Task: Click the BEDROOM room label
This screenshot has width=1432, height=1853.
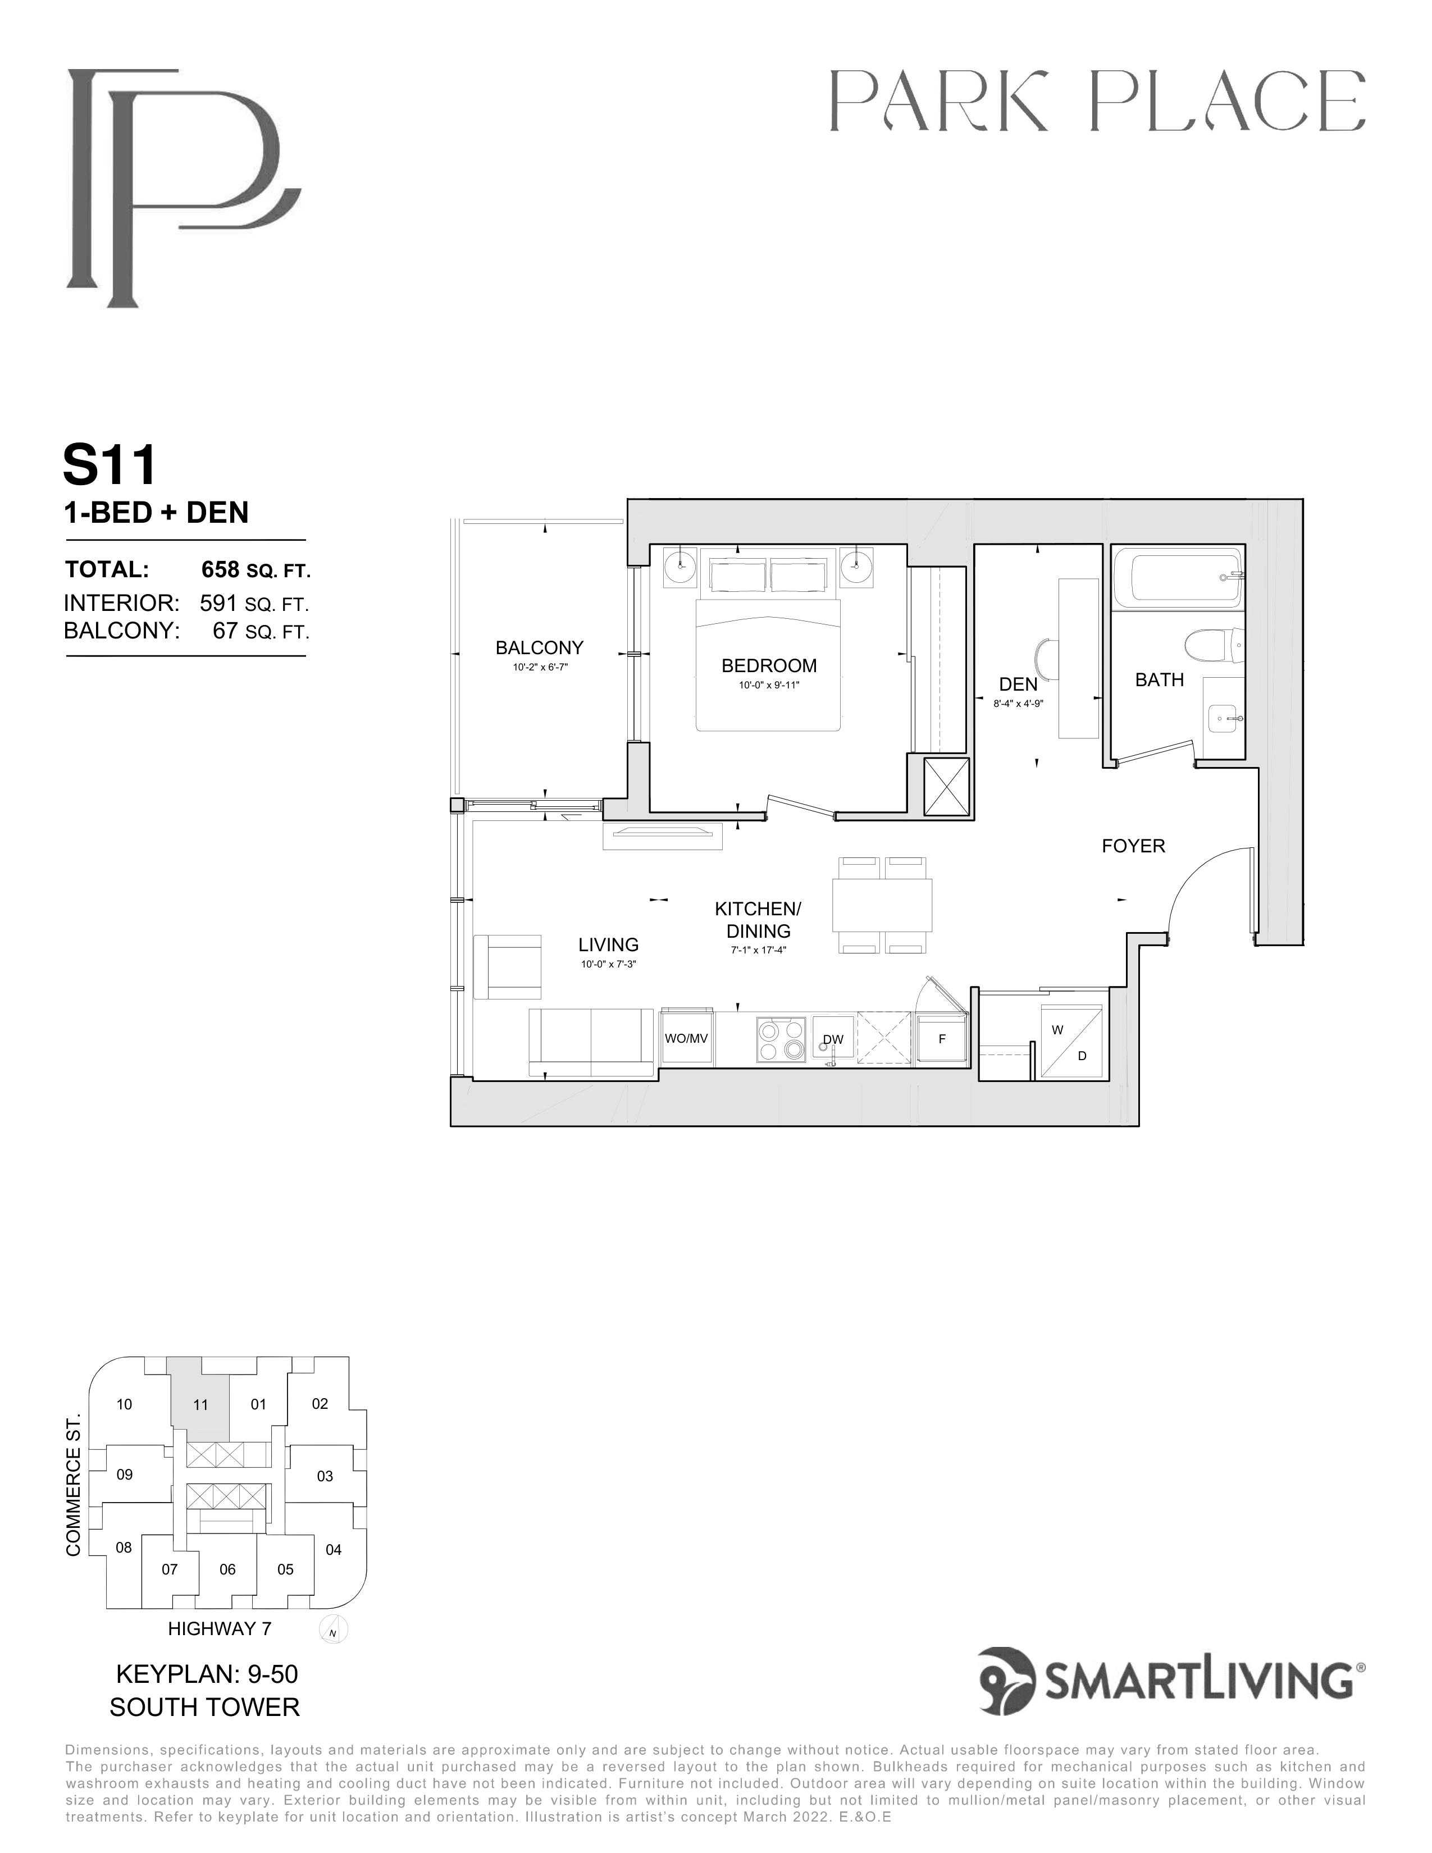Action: [769, 666]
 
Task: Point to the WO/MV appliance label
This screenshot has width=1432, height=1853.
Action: [686, 1038]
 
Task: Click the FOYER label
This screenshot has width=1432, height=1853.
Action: [1133, 846]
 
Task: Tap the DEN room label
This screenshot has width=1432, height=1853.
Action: [1018, 684]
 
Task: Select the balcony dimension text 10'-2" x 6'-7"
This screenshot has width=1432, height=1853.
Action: [540, 667]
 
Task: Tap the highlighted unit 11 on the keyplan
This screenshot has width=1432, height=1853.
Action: [200, 1404]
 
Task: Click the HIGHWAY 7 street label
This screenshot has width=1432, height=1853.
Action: [220, 1628]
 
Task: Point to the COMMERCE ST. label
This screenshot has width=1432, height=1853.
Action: [73, 1484]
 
